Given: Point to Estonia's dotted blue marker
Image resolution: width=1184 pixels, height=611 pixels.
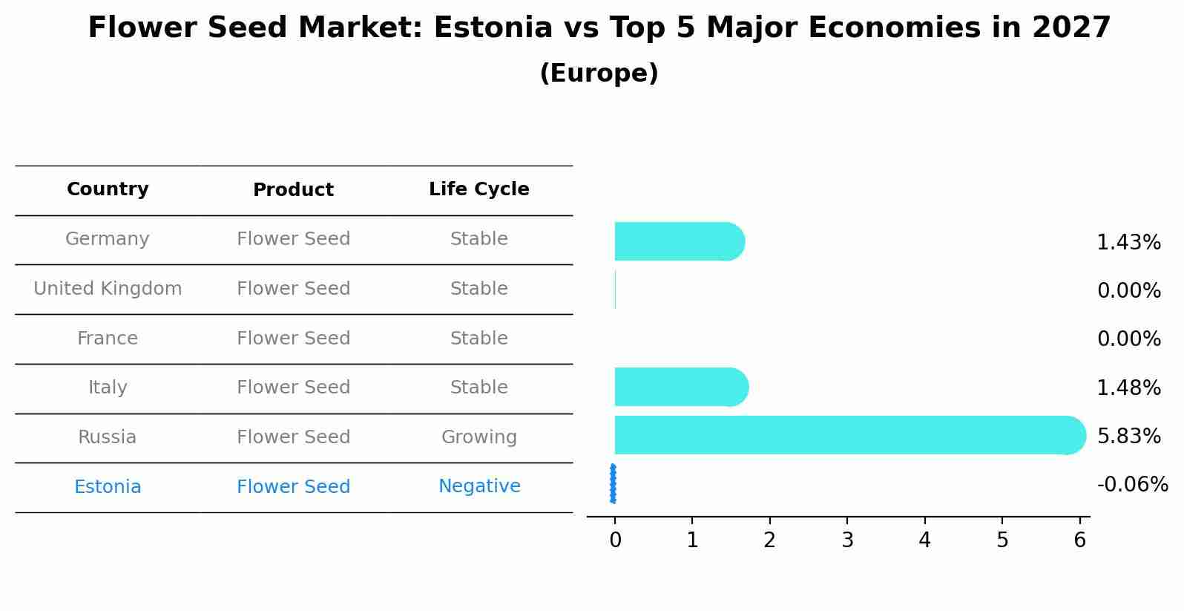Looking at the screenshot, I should (613, 483).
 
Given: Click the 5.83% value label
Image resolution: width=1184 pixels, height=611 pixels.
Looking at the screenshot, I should (1128, 436).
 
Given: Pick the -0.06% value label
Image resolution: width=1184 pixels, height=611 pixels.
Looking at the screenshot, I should (1132, 485).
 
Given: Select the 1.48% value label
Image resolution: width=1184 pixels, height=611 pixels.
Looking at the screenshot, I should (1128, 388).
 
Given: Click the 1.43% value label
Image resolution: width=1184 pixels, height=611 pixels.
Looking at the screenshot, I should (1128, 243).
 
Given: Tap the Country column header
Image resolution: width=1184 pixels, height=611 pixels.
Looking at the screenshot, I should (108, 189).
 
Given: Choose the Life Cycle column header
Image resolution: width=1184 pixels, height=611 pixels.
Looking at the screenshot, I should (478, 189).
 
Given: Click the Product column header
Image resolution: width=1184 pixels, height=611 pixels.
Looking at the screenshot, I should (293, 190).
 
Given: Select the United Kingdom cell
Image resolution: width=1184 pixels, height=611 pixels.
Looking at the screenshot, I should (108, 289).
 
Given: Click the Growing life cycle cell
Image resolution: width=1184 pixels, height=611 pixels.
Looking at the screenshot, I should (478, 437).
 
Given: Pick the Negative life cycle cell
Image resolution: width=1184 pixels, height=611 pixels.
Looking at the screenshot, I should (478, 486).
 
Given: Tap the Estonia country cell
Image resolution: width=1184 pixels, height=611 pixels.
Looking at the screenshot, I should (108, 487).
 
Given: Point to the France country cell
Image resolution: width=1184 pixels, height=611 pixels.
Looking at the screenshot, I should (108, 339).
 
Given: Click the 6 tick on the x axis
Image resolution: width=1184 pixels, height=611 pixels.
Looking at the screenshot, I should (1079, 540).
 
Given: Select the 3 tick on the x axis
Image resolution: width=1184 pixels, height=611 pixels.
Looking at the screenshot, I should (847, 540).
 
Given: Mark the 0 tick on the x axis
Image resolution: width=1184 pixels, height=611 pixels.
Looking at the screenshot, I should (615, 540).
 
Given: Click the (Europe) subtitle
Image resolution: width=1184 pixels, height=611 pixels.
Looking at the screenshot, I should (599, 73).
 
